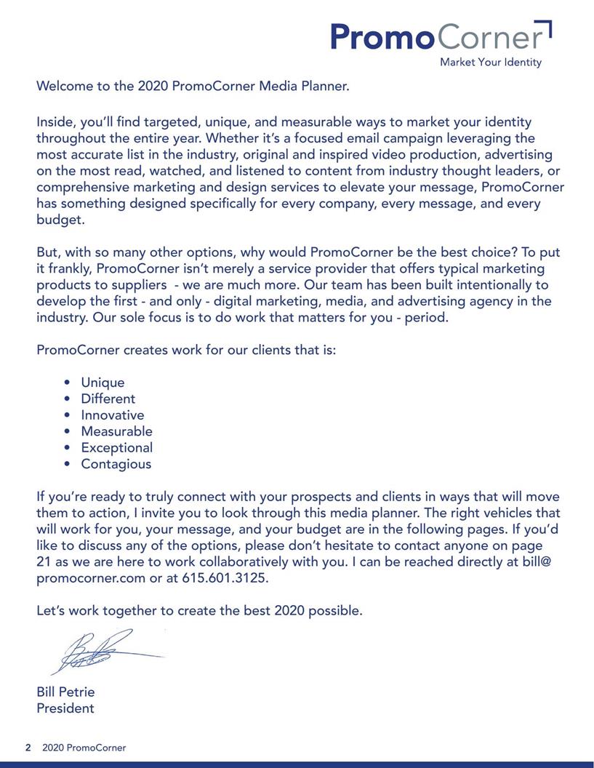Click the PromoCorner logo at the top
(440, 36)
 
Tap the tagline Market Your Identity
(490, 63)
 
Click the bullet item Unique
(103, 383)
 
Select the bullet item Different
(108, 399)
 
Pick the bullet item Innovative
(112, 415)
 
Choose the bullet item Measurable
(116, 431)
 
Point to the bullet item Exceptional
(116, 448)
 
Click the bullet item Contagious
(116, 464)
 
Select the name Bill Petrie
(65, 692)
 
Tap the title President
(65, 708)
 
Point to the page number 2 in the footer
(28, 748)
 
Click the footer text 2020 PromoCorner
(84, 748)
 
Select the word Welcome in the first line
(65, 86)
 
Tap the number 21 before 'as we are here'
(44, 562)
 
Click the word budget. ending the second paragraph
(60, 220)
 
